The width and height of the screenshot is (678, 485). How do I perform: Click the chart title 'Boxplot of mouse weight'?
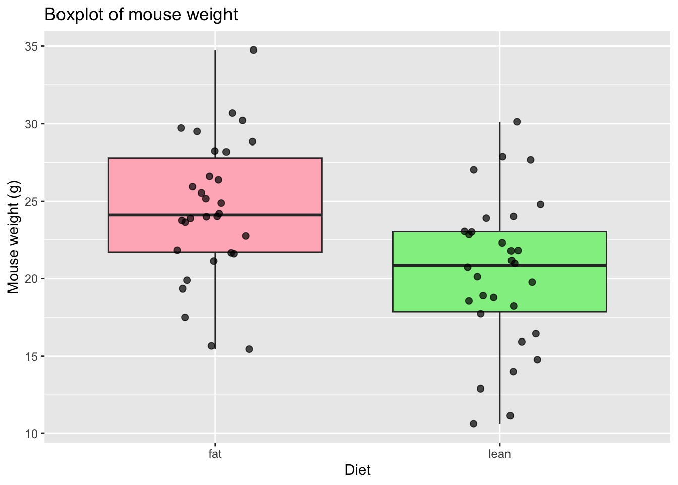[x=141, y=15]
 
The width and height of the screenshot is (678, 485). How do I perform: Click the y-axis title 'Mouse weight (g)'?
[x=14, y=237]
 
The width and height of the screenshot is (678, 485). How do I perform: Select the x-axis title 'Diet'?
[x=357, y=470]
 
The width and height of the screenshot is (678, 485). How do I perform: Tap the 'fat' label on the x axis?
[x=215, y=454]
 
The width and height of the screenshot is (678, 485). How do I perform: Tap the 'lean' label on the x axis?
[x=500, y=454]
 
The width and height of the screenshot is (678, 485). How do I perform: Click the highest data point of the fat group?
[x=253, y=50]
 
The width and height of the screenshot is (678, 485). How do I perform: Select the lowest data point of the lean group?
[x=473, y=424]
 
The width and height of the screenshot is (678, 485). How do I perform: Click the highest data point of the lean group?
[x=517, y=122]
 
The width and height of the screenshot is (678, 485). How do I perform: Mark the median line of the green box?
[x=555, y=265]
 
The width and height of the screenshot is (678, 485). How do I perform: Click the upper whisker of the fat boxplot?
[x=215, y=101]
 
